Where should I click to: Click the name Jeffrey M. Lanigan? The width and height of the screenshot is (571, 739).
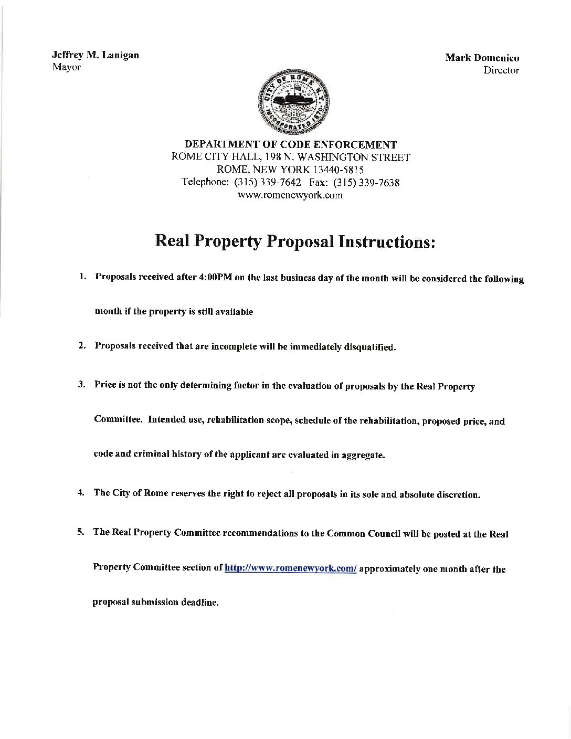pyautogui.click(x=95, y=55)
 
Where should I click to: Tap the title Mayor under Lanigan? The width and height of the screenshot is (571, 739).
pyautogui.click(x=66, y=67)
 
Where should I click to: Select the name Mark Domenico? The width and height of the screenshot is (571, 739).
pyautogui.click(x=482, y=58)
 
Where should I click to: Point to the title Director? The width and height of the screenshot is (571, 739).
pyautogui.click(x=501, y=70)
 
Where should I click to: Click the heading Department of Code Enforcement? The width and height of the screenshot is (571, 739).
pyautogui.click(x=290, y=144)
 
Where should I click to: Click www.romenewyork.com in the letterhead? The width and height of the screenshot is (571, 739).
pyautogui.click(x=290, y=195)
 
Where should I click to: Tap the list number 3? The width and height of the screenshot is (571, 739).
pyautogui.click(x=81, y=385)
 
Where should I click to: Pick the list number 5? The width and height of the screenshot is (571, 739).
pyautogui.click(x=81, y=532)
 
